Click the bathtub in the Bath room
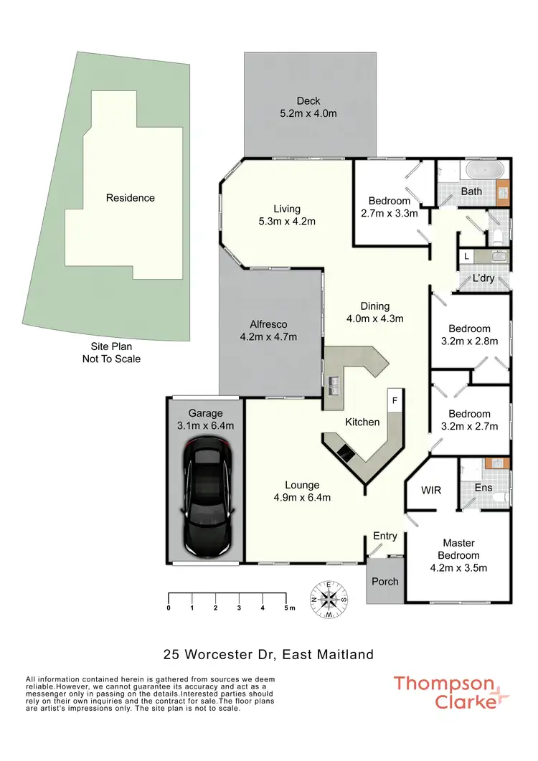tap(485, 171)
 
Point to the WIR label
tap(431, 491)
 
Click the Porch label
tap(385, 581)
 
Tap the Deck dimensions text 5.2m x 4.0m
tap(308, 113)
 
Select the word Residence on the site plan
tap(131, 198)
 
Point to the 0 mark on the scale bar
tap(169, 608)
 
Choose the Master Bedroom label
tap(459, 549)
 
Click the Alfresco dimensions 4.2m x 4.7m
tap(268, 336)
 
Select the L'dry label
tap(483, 278)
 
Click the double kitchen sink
tap(332, 387)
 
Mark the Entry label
tap(385, 537)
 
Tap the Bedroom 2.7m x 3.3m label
tap(390, 207)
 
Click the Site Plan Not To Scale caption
tap(111, 353)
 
